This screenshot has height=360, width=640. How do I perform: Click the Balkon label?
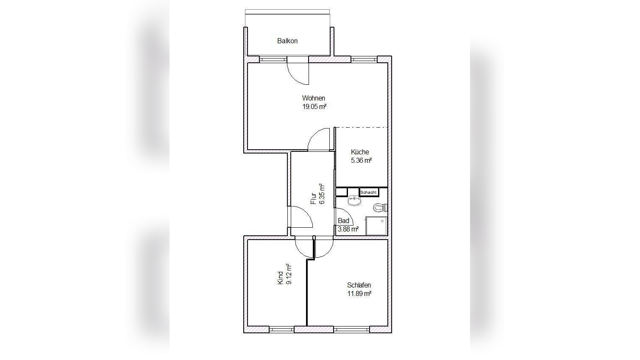coord(287,41)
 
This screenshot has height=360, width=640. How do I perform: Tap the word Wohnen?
coord(313,98)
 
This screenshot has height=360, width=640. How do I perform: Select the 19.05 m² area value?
coord(314,107)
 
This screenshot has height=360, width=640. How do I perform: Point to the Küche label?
coord(360,152)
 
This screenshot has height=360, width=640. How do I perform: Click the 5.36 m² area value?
coord(361,160)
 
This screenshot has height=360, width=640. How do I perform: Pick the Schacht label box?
coord(369,192)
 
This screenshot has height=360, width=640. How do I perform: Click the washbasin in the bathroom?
coord(354,201)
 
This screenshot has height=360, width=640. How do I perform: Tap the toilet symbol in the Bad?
coord(380,208)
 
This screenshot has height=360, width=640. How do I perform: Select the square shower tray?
coord(376,226)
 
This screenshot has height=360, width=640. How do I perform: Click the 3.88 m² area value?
coord(348,229)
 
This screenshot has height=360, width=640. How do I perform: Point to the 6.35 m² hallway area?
coord(322,194)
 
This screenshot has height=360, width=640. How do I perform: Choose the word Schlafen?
coord(359,285)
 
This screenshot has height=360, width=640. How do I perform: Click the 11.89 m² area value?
coord(359,294)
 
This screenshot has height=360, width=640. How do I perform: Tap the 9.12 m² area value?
coord(289,274)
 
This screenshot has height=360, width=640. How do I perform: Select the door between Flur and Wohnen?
coord(319,140)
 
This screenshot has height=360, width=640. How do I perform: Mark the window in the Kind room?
coord(281,330)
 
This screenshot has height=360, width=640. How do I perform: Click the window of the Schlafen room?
coord(351,330)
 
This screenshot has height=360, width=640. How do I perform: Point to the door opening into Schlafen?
coord(324,247)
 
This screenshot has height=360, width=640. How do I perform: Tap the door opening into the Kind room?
coord(304,247)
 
